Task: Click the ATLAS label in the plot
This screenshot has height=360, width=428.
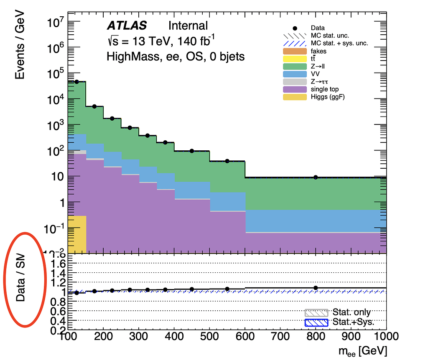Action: [127, 26]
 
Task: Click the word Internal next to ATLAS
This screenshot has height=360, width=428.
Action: [188, 26]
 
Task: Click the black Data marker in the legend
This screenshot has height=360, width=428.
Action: [295, 28]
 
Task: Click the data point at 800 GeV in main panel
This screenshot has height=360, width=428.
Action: [316, 177]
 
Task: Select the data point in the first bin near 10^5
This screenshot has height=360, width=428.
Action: [76, 82]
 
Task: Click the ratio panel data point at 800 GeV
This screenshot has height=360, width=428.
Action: [316, 288]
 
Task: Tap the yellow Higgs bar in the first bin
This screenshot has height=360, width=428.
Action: [76, 234]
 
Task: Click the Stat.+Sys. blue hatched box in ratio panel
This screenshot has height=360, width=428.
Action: [316, 322]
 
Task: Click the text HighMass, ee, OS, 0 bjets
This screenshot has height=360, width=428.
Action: [176, 56]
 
